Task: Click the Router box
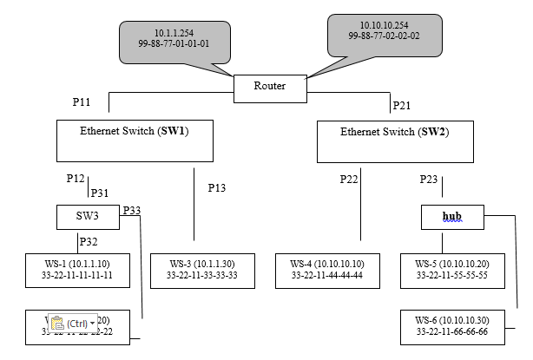point(269,87)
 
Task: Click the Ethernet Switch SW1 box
point(135,140)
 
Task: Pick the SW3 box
point(89,216)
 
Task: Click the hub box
point(452,216)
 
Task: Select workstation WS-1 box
point(78,269)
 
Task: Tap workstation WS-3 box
point(202,269)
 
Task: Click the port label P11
point(82,102)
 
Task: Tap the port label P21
point(402,106)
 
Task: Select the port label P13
point(217,187)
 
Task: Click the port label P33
point(132,210)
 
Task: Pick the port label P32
point(89,242)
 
